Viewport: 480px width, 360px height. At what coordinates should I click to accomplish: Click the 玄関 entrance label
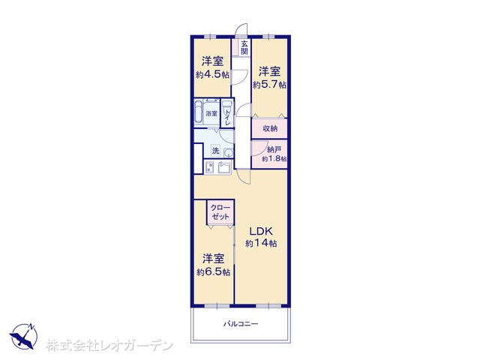click(x=244, y=47)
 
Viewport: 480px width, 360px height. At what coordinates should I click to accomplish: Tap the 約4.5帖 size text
click(x=212, y=75)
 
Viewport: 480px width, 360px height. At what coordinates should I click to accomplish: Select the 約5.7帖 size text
click(x=269, y=85)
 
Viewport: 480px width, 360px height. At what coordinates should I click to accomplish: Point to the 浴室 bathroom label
click(x=211, y=113)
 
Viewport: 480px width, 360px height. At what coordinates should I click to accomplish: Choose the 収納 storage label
click(x=270, y=128)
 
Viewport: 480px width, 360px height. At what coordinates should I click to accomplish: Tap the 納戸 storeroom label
click(x=274, y=150)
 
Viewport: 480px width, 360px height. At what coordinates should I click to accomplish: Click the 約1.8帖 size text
click(x=274, y=159)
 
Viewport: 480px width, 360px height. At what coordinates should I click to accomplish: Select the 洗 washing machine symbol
click(x=216, y=151)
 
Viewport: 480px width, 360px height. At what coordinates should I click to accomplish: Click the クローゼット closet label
click(x=220, y=212)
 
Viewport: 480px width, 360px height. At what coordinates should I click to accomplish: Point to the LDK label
click(x=260, y=230)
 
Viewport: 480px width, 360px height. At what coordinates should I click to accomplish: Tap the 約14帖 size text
click(x=261, y=244)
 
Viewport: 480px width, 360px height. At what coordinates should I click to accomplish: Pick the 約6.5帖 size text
click(x=213, y=271)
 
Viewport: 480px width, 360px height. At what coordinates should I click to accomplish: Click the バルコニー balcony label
click(x=241, y=324)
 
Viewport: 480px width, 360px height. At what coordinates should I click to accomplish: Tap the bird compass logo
click(x=24, y=336)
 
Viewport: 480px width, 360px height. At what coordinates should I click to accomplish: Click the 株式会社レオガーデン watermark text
click(x=109, y=346)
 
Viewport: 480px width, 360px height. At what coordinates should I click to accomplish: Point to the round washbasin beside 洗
click(x=228, y=152)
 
